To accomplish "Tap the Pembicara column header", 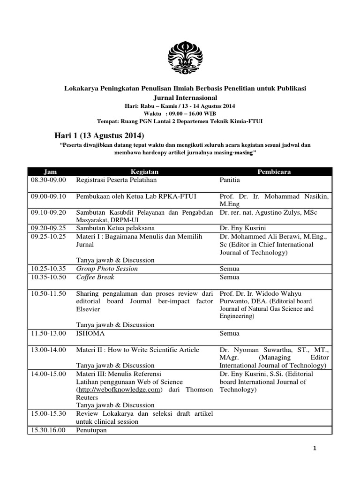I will (x=274, y=172).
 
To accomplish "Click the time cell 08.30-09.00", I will (x=49, y=180).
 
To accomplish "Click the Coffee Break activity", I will (x=95, y=277).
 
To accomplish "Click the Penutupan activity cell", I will (x=92, y=430).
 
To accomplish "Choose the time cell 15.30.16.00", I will (x=49, y=430).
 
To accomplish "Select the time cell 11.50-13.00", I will (x=49, y=333).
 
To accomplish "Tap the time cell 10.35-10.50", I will (x=49, y=277).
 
